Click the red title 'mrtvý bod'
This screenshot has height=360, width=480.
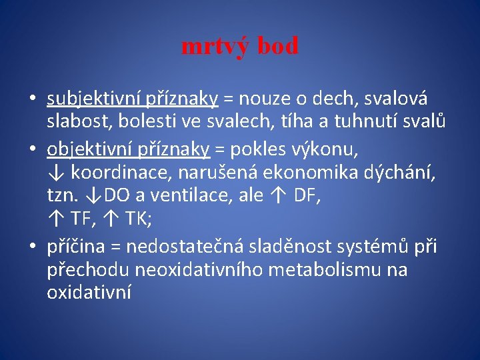pyautogui.click(x=240, y=47)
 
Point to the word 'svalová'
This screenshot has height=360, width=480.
pyautogui.click(x=400, y=99)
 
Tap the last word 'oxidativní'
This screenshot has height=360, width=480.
pyautogui.click(x=89, y=293)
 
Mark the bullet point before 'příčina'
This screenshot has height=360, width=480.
pyautogui.click(x=33, y=247)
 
